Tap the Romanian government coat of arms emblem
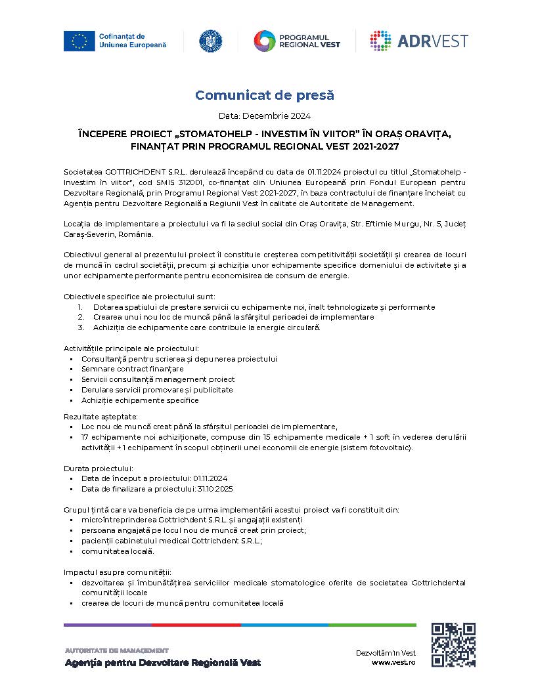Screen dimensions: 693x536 click(211, 41)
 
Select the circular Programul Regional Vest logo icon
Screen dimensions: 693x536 click(265, 41)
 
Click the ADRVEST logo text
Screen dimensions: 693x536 click(432, 41)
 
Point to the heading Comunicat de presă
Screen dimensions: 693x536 click(265, 95)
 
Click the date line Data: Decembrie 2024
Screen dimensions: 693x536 click(265, 115)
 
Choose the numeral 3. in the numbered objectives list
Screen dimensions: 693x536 click(81, 327)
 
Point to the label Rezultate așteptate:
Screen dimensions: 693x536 click(100, 416)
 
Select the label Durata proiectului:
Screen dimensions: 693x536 click(99, 469)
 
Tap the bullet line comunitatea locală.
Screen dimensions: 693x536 click(118, 551)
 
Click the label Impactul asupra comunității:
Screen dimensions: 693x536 click(117, 572)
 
